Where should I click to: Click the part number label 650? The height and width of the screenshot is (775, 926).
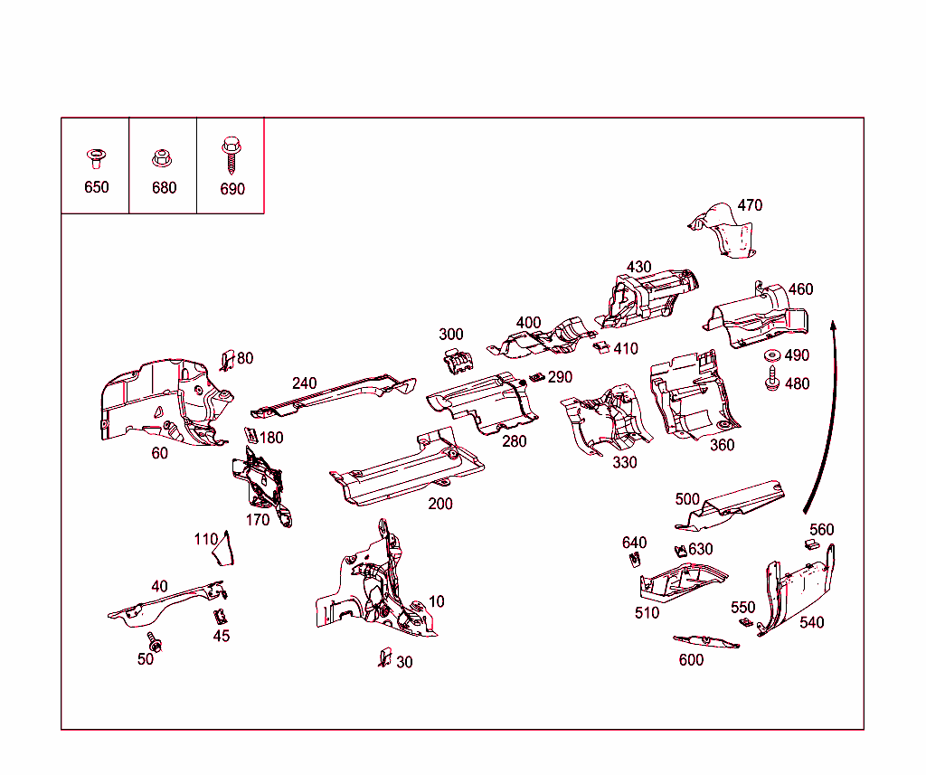click(x=96, y=187)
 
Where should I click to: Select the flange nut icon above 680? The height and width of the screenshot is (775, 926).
click(x=163, y=159)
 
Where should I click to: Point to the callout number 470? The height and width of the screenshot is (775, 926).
click(x=750, y=205)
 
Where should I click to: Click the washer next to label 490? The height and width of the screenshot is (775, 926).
click(x=773, y=355)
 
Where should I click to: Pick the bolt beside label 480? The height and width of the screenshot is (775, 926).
click(x=773, y=381)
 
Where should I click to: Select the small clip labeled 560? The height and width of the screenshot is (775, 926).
click(x=812, y=543)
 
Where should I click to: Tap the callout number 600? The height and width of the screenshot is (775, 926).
click(x=691, y=660)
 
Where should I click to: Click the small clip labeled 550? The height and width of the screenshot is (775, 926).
click(x=745, y=622)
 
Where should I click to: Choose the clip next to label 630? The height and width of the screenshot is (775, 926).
click(x=679, y=550)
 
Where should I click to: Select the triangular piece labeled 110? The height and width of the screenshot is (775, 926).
click(x=222, y=549)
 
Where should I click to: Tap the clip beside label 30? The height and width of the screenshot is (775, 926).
click(x=384, y=657)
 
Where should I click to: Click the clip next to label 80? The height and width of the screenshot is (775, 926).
click(x=227, y=360)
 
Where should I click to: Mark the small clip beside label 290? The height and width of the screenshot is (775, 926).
click(x=536, y=377)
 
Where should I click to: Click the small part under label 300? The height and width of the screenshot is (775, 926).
click(x=458, y=360)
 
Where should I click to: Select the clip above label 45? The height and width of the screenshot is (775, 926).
click(x=219, y=618)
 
